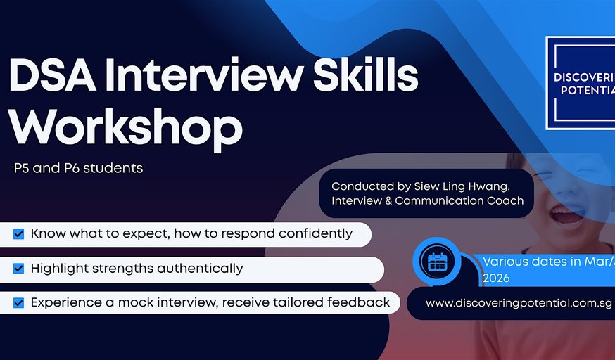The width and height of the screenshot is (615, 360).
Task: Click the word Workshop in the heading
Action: tap(125, 127)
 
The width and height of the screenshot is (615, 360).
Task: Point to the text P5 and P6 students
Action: tap(78, 169)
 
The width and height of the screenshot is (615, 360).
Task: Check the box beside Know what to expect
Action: tap(18, 233)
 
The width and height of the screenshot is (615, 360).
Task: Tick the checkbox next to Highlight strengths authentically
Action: tap(18, 269)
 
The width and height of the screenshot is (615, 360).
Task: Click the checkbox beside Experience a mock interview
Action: tap(18, 303)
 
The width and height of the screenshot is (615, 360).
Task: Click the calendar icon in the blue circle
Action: tap(438, 261)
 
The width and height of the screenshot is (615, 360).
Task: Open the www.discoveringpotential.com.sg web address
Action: tap(519, 304)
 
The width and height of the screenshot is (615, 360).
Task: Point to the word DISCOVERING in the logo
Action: tap(585, 77)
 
